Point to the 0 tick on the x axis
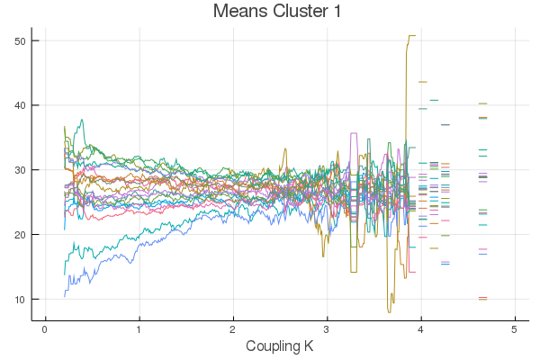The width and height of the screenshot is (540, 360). point(44,330)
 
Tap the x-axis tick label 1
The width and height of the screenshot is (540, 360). point(139,330)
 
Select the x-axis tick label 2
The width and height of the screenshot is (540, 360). point(233,330)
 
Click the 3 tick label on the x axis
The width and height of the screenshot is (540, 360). point(327,330)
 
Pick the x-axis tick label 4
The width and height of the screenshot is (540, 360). point(421,330)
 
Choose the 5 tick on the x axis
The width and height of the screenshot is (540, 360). point(515,330)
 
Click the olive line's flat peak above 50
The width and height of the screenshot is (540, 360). point(411,36)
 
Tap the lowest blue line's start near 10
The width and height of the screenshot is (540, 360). point(65,294)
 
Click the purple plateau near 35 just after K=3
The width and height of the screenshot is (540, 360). point(354,133)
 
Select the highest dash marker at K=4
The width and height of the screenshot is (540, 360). point(422,82)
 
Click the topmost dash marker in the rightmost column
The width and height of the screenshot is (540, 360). point(482,103)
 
